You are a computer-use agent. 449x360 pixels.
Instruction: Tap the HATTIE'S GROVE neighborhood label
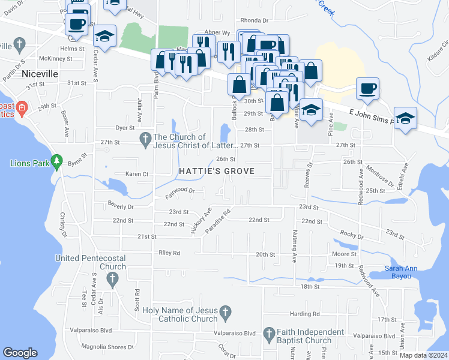217,172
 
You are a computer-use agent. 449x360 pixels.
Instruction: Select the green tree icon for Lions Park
57,161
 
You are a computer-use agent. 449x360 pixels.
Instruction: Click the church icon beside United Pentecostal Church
112,278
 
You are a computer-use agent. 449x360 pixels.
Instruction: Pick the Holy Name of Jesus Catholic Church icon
225,312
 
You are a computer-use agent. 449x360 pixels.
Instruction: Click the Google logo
20,353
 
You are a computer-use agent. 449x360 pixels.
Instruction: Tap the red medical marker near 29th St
22,109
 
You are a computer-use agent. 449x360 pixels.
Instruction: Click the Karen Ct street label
136,174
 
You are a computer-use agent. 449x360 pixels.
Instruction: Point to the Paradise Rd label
218,221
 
